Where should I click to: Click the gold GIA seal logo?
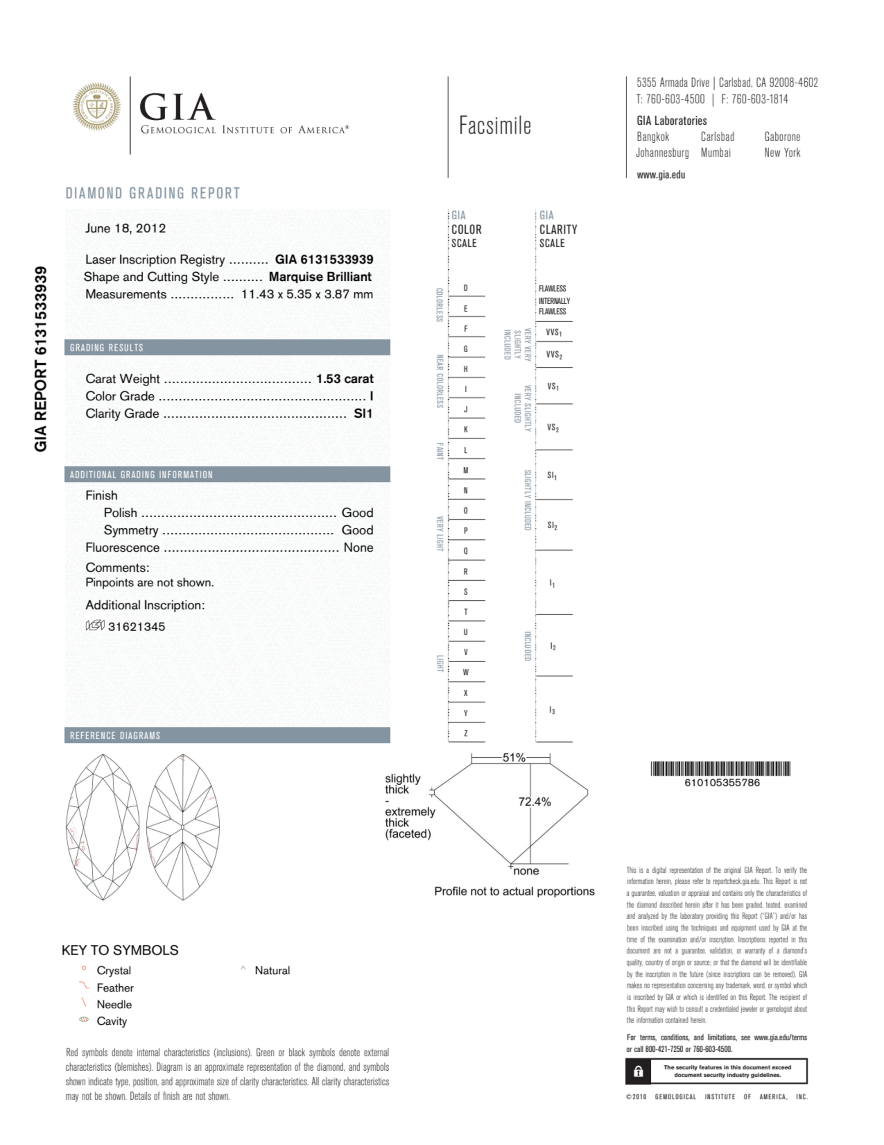pyautogui.click(x=97, y=107)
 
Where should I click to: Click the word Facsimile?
pyautogui.click(x=495, y=126)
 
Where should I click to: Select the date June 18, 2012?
pyautogui.click(x=125, y=229)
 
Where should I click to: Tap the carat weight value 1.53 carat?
pyautogui.click(x=345, y=378)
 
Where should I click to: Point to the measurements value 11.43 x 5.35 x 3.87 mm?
pyautogui.click(x=307, y=294)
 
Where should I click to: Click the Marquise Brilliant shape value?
pyautogui.click(x=320, y=277)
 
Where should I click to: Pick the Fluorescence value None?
pyautogui.click(x=358, y=547)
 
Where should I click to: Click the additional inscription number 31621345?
pyautogui.click(x=136, y=626)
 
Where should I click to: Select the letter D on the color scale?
pyautogui.click(x=465, y=288)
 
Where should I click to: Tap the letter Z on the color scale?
pyautogui.click(x=465, y=733)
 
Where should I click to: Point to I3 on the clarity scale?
pyautogui.click(x=552, y=710)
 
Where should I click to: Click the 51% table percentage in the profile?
pyautogui.click(x=513, y=758)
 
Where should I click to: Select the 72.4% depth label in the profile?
pyautogui.click(x=535, y=801)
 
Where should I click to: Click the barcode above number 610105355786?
pyautogui.click(x=720, y=769)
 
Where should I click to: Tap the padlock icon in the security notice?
pyautogui.click(x=638, y=1071)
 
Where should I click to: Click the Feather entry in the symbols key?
pyautogui.click(x=115, y=988)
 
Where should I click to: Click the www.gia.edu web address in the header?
pyautogui.click(x=661, y=175)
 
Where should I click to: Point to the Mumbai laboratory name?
pyautogui.click(x=715, y=153)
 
